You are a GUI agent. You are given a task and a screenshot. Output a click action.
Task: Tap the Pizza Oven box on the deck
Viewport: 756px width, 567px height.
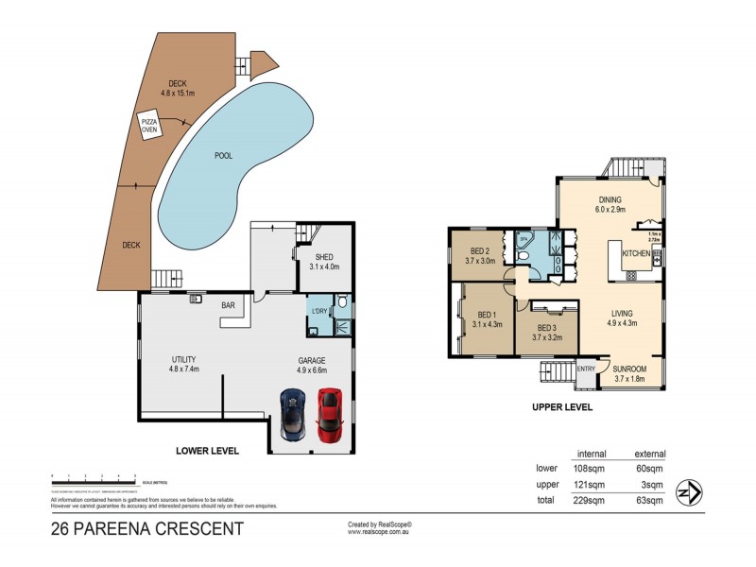click(149, 126)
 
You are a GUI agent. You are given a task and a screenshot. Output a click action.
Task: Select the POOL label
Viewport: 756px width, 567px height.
click(223, 156)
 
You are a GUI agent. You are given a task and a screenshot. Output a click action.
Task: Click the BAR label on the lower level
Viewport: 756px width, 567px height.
click(228, 305)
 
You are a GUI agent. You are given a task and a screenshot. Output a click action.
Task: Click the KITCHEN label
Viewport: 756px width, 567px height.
click(635, 254)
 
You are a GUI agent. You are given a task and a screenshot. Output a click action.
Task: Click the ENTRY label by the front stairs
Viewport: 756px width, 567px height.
click(586, 369)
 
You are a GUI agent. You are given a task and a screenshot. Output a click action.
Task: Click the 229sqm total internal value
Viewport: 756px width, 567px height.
click(592, 499)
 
